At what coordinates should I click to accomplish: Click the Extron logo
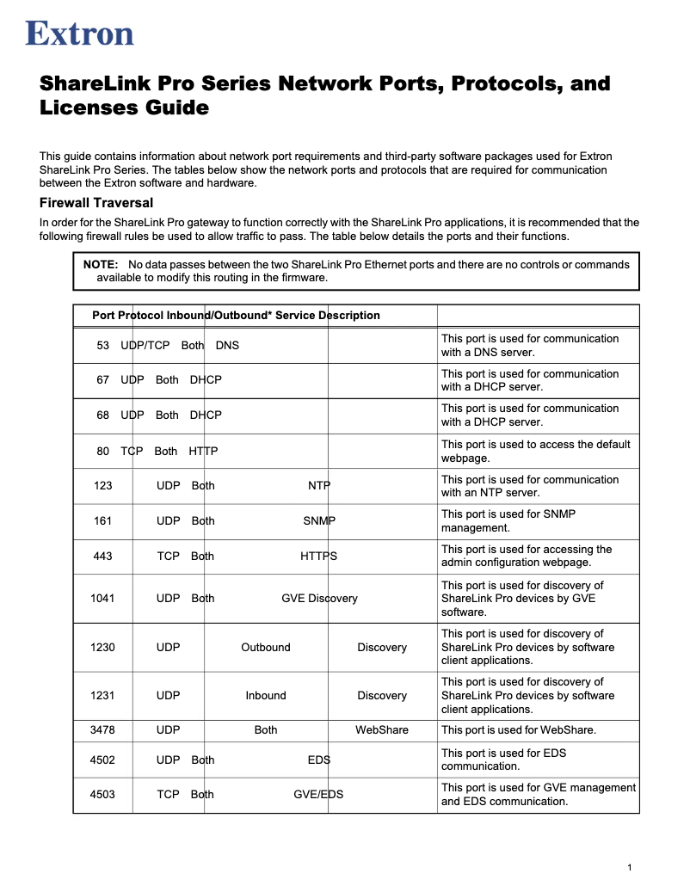coord(80,34)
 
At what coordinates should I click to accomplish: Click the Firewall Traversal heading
coord(96,203)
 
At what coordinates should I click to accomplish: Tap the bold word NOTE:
coord(100,264)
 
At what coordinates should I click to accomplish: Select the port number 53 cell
coord(103,345)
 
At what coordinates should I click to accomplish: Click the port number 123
coord(103,486)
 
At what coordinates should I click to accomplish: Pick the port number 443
coord(103,557)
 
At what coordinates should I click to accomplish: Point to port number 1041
coord(102,599)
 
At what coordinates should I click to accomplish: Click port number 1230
coord(102,648)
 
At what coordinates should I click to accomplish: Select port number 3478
coord(102,730)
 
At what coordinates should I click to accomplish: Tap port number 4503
coord(102,795)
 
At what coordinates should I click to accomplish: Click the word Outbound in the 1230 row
coord(266,648)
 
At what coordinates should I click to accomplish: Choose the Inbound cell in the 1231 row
coord(266,696)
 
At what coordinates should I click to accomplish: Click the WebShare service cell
coord(382,730)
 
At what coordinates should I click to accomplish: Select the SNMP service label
coord(319,521)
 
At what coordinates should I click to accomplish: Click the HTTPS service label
coord(318,557)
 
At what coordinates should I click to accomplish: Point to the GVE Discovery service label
coord(319,599)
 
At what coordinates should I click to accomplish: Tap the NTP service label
coord(319,486)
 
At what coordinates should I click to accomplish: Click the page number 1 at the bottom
coord(630,867)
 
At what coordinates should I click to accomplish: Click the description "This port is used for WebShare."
coord(519,730)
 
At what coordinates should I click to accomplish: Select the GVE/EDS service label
coord(318,795)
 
